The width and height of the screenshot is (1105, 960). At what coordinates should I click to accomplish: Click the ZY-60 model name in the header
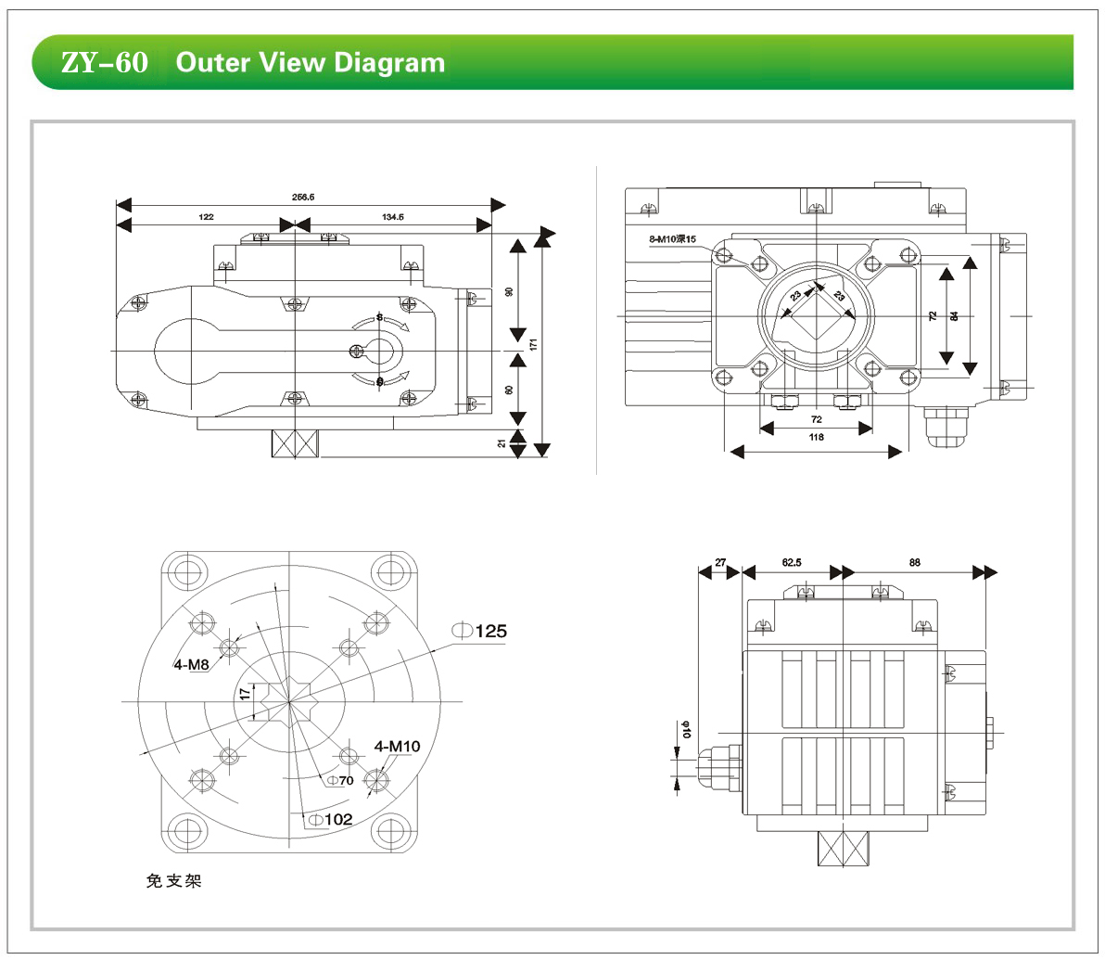[104, 63]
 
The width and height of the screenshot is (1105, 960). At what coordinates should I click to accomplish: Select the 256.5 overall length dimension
[304, 197]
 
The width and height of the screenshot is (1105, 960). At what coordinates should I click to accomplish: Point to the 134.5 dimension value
[393, 217]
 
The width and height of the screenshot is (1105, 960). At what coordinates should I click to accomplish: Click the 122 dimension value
[206, 217]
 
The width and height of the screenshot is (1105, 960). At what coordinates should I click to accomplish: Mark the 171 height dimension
[534, 343]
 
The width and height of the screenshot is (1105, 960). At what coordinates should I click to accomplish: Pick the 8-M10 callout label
[672, 239]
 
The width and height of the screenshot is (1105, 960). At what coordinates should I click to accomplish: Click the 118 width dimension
[816, 437]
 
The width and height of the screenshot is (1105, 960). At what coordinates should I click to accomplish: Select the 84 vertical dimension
[955, 316]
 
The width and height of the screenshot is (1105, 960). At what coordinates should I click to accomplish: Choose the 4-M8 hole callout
[191, 665]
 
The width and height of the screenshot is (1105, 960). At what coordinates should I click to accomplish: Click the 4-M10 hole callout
[397, 746]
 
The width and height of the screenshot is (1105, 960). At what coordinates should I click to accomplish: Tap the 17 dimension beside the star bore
[245, 692]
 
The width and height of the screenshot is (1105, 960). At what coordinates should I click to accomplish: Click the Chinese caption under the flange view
[173, 880]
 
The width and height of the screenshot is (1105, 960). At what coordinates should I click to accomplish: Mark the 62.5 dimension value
[792, 562]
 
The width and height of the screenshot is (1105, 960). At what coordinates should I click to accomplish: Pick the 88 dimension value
[915, 562]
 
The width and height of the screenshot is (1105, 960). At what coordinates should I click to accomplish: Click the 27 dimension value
[720, 562]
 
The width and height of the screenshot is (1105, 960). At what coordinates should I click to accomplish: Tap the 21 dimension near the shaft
[502, 443]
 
